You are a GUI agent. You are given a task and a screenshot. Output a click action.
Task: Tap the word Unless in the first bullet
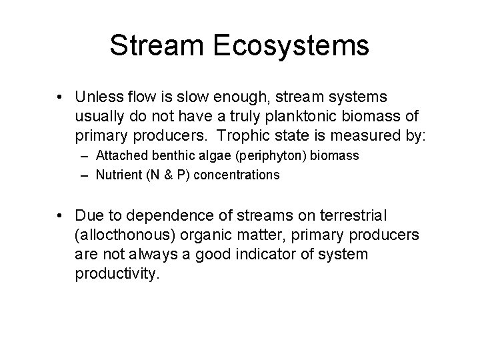click(99, 98)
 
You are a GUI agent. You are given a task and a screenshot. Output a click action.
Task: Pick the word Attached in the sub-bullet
click(118, 156)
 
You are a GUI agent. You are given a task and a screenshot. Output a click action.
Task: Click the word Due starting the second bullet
click(87, 216)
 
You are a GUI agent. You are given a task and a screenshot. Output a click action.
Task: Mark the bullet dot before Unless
click(61, 99)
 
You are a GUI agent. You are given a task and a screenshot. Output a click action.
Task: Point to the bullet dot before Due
click(61, 216)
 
